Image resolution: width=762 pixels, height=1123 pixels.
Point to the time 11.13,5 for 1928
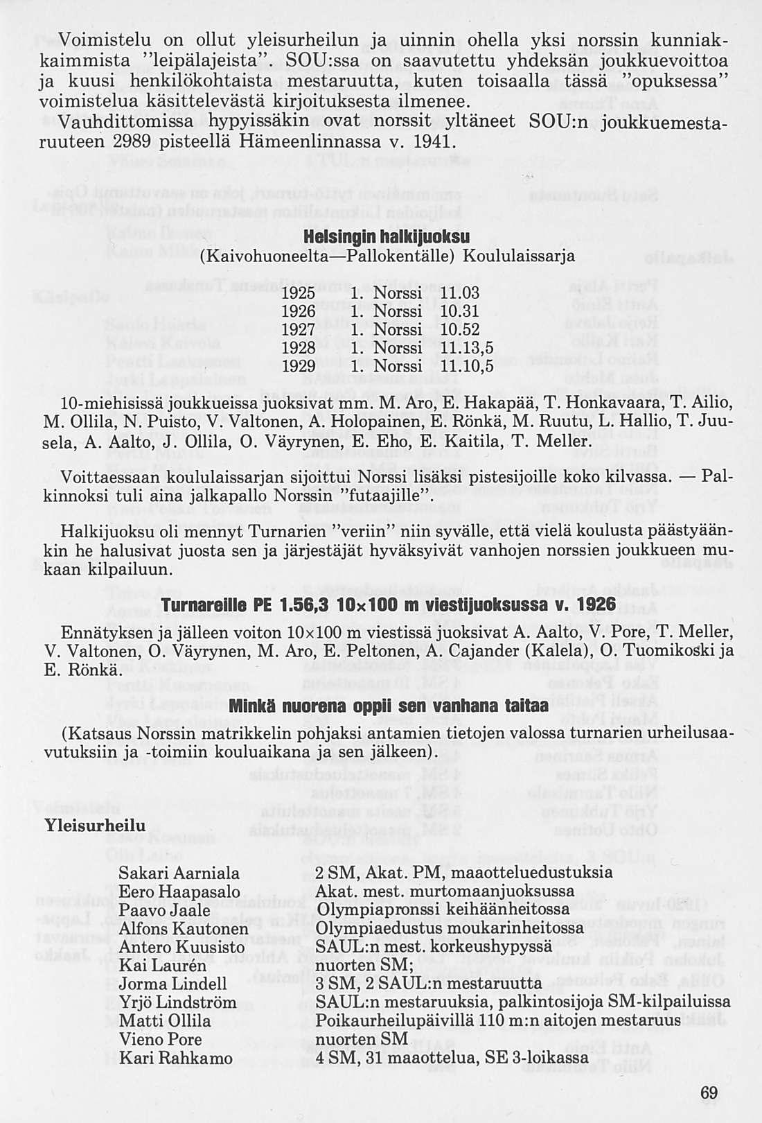click(468, 348)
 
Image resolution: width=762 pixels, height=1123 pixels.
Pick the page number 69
click(709, 1092)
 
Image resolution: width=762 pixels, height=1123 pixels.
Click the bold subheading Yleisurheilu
click(95, 826)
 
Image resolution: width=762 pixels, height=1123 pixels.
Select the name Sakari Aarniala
click(179, 873)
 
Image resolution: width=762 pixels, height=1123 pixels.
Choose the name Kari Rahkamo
click(176, 1059)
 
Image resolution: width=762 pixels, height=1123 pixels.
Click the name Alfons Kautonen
click(184, 928)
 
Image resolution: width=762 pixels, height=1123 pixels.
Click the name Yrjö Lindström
click(178, 1002)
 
